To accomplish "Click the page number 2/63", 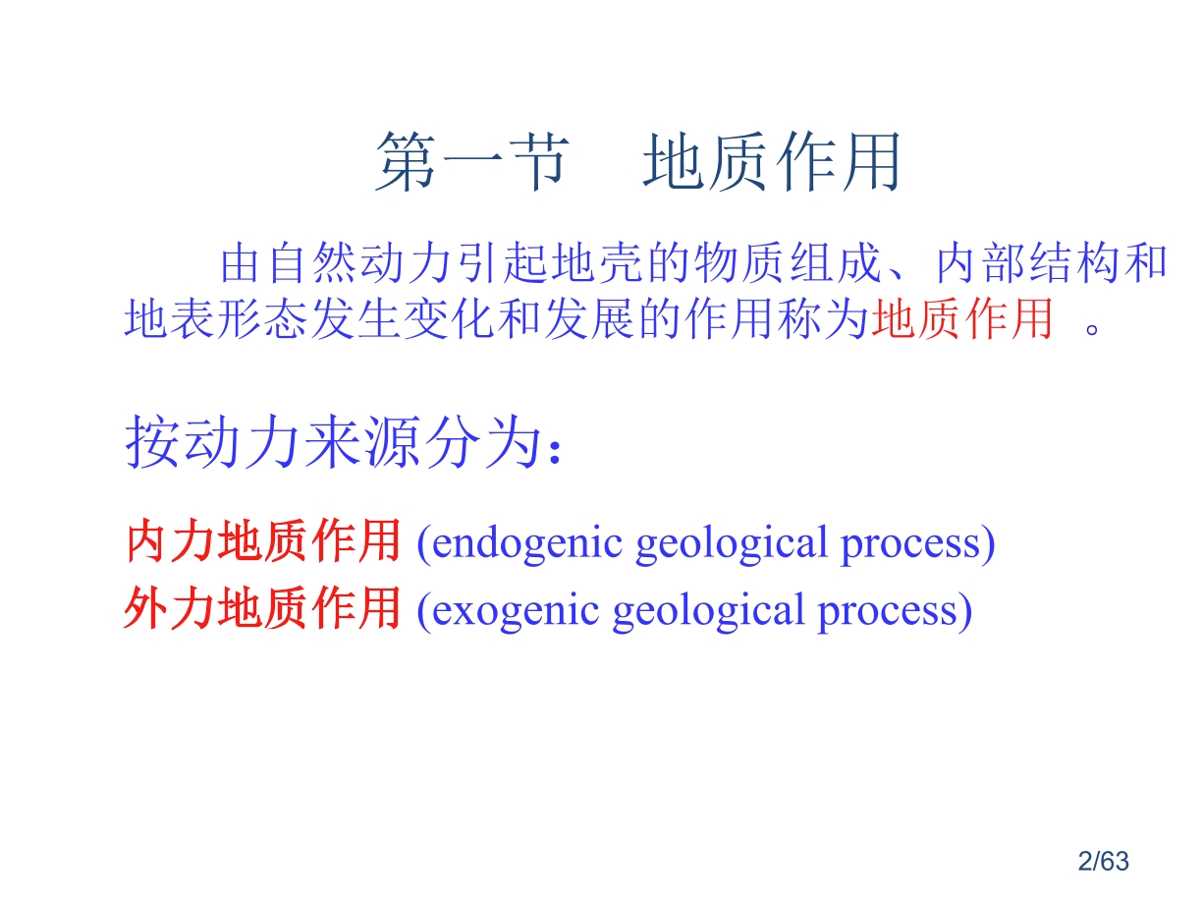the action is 1103,862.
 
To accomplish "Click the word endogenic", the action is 526,542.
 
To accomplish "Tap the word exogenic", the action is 516,611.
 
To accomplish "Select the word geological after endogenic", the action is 731,542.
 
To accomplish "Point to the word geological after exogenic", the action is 708,611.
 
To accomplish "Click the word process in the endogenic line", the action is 910,544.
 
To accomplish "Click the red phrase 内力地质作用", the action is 263,541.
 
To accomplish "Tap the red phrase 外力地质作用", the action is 262,608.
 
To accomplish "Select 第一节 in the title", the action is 470,161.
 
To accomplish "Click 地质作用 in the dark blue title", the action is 771,161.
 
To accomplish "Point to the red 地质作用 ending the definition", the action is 962,318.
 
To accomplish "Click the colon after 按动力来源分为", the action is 555,452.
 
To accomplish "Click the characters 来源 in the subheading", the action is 358,441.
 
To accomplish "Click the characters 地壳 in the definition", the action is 596,263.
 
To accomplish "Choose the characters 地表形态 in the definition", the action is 216,318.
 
